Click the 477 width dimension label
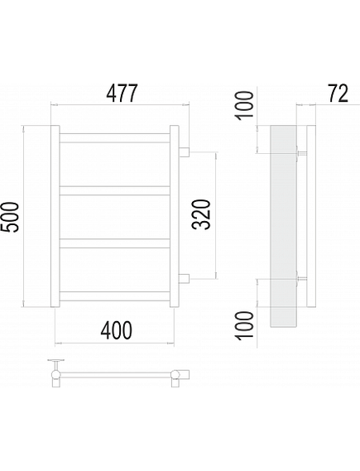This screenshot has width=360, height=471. (x=122, y=93)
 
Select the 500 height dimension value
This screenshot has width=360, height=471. (x=10, y=217)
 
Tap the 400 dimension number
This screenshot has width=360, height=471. (x=116, y=330)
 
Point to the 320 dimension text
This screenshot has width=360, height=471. (x=201, y=214)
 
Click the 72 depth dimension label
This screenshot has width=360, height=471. (x=338, y=93)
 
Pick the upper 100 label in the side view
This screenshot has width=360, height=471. (x=244, y=106)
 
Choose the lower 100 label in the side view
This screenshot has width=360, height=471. (x=244, y=326)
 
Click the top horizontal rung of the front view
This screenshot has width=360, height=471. (x=115, y=138)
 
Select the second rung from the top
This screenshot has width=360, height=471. (x=115, y=190)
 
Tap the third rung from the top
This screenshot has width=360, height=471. (x=115, y=243)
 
